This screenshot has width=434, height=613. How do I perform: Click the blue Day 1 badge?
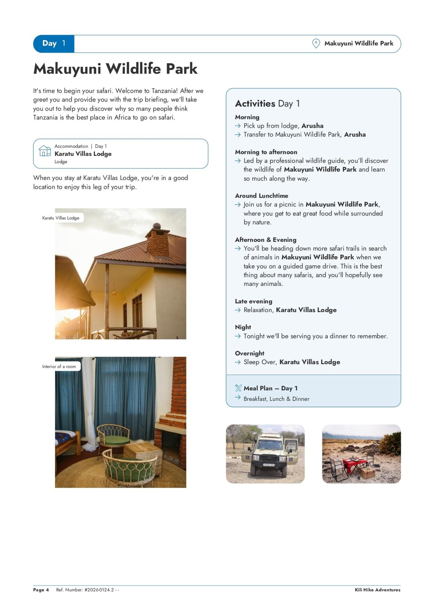pos(54,44)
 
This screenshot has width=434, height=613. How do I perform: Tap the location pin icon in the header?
pos(316,44)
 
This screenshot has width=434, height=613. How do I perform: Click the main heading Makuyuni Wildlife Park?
pos(115,69)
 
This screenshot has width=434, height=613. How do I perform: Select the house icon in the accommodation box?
pos(45,151)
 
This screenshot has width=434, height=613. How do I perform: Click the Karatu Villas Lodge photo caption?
pos(61,218)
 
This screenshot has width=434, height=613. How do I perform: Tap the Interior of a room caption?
pos(59,366)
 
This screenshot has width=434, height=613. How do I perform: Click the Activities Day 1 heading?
pos(267,104)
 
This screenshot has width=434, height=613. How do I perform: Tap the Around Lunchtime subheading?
pos(261,196)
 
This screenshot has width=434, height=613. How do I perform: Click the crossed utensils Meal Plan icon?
pos(238,388)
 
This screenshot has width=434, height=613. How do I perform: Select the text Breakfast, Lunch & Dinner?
pos(276,399)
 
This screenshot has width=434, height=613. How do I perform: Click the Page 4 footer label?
pos(41,590)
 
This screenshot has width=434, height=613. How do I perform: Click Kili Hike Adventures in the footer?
pos(378,590)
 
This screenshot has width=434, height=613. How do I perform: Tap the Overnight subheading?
pos(250,353)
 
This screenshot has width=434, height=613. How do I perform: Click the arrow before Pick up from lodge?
pos(238,126)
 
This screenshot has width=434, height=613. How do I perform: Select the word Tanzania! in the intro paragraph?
pos(165,91)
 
